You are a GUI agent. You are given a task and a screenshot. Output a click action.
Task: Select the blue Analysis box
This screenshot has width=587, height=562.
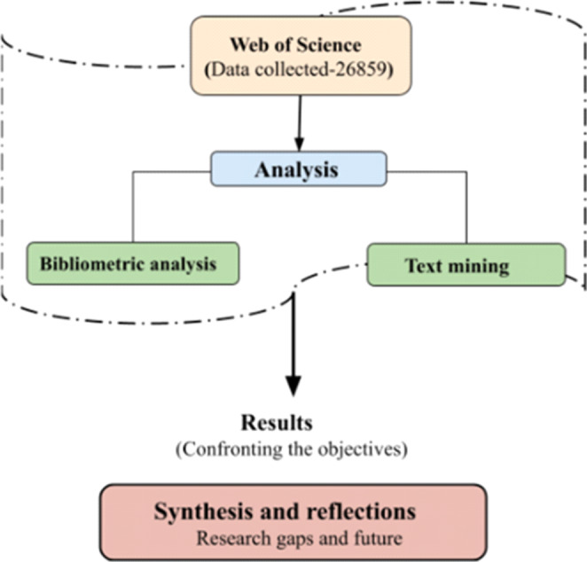(298, 168)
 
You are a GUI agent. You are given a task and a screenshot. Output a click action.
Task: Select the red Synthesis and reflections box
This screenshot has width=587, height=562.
(293, 522)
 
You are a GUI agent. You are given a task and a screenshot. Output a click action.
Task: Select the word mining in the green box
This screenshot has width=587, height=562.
(483, 264)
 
